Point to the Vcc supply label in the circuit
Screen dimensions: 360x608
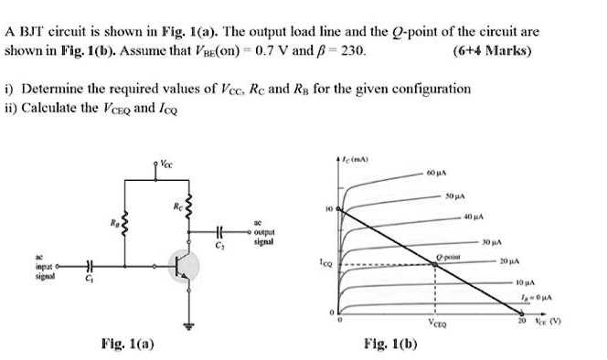pos(164,165)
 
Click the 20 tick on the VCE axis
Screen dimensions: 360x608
pos(523,324)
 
